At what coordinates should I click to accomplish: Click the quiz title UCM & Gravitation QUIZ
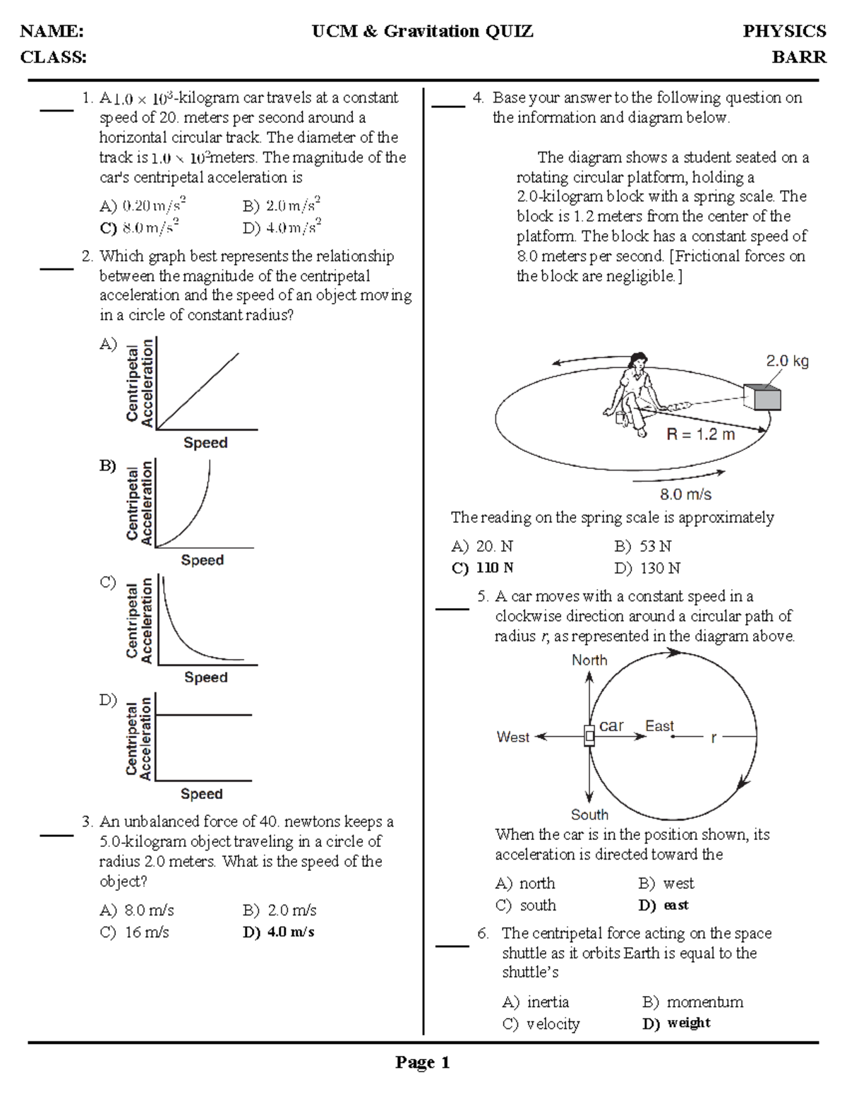coord(423,31)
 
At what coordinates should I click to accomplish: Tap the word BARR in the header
coord(798,57)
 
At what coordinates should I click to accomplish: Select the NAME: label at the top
coord(52,31)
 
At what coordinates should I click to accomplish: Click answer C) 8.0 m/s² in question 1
coord(140,227)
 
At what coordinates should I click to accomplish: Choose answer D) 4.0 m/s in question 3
coord(279,932)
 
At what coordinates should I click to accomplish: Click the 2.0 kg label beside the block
coord(787,361)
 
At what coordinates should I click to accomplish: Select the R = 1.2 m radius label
coord(700,434)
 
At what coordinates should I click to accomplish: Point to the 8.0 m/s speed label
coord(685,494)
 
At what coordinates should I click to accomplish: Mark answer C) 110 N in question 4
coord(483,568)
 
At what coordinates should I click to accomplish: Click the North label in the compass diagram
coord(589,660)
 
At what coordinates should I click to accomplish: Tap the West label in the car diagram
coord(513,737)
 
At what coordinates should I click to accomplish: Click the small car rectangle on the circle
coord(589,736)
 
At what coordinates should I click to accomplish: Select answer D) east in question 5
coord(663,905)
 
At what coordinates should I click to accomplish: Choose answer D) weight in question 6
coord(676,1023)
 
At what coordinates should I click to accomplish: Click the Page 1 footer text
coord(422,1062)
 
